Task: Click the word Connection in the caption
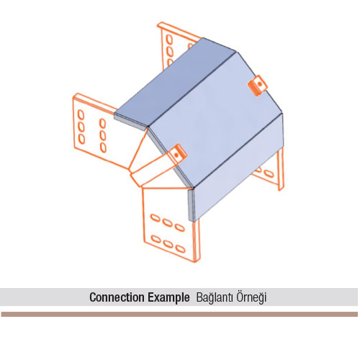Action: tap(117, 297)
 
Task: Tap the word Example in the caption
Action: tap(168, 297)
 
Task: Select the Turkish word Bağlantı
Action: tap(215, 298)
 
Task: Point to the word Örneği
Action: tap(251, 298)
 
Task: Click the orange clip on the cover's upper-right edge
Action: tap(258, 85)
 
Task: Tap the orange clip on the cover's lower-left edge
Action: tap(177, 154)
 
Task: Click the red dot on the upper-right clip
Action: tap(259, 84)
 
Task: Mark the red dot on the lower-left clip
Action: tap(177, 155)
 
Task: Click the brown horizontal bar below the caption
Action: tap(179, 314)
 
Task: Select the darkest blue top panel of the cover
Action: tap(175, 81)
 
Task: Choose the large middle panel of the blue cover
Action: tap(214, 120)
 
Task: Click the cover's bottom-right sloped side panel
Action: tap(238, 167)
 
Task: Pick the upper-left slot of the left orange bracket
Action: tap(81, 114)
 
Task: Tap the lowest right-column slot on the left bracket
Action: tap(103, 148)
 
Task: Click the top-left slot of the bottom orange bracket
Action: tap(156, 218)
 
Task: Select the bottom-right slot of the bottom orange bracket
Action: tap(180, 248)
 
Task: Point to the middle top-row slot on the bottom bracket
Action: tap(167, 222)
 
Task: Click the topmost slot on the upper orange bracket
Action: tap(169, 39)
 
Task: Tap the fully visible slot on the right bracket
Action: tap(269, 174)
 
